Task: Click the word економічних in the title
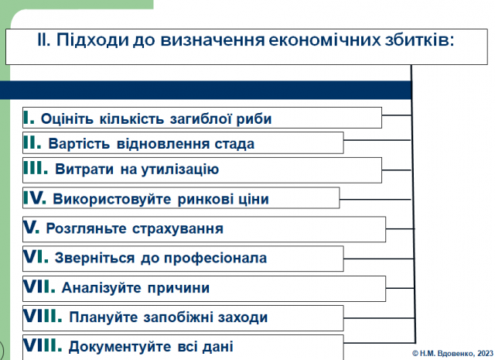(325, 40)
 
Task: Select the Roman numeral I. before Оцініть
(29, 118)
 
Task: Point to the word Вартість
(79, 144)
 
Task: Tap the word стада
(234, 144)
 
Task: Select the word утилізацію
(180, 170)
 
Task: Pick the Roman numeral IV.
(35, 197)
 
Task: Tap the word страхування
(178, 229)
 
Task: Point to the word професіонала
(216, 259)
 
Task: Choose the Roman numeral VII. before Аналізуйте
(39, 286)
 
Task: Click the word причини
(179, 288)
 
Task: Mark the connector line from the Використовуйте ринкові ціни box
(375, 200)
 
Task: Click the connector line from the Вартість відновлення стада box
(377, 140)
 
